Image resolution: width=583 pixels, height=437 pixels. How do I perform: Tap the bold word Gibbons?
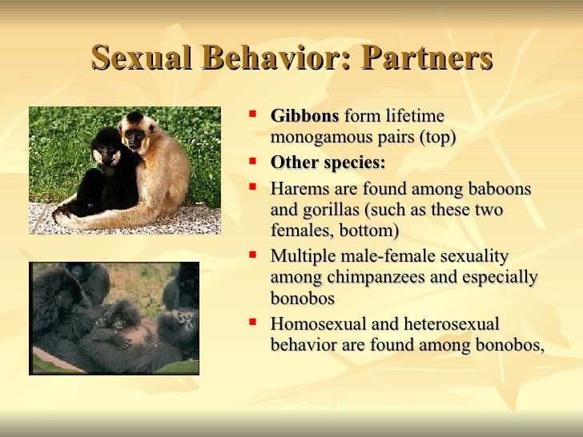coord(304,117)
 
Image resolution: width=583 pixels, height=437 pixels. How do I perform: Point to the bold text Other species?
coord(328,162)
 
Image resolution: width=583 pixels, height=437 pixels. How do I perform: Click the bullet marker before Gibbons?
coord(253,114)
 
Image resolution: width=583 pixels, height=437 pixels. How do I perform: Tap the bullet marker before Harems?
coord(253,187)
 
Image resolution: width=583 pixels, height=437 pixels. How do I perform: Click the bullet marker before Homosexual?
coord(253,323)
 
